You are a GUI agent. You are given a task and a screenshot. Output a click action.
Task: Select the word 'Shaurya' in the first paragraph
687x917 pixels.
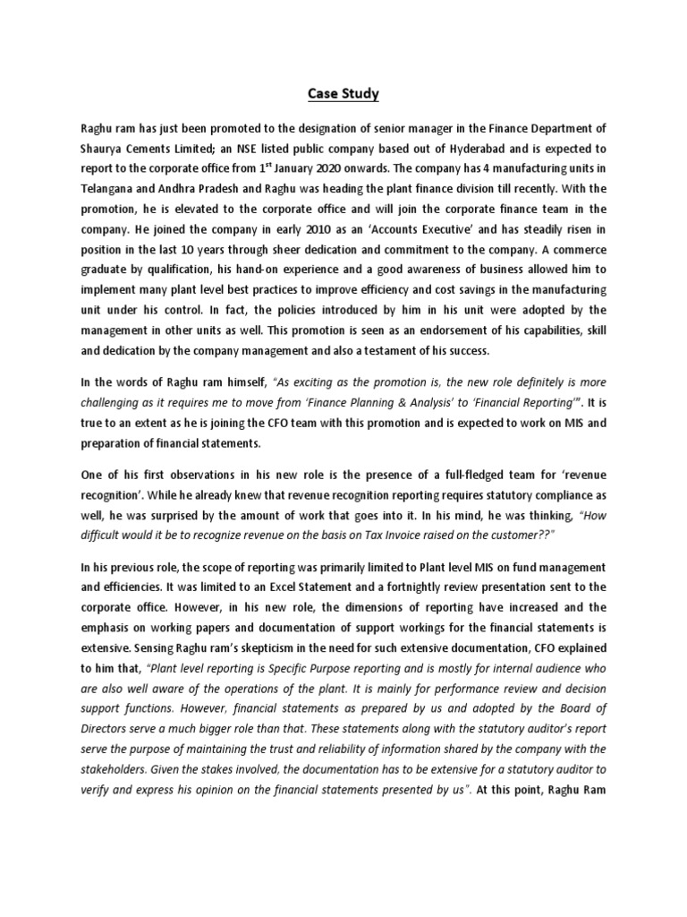point(104,150)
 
